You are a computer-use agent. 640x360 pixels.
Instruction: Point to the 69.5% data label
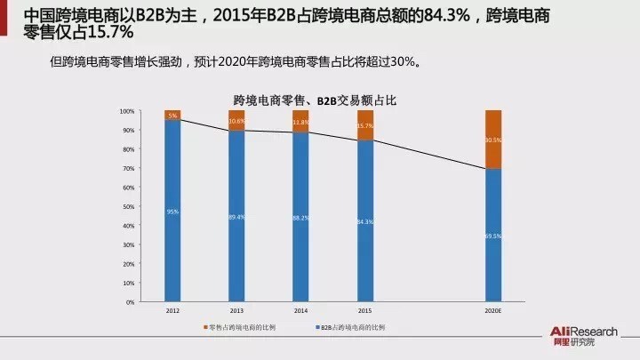[x=493, y=236]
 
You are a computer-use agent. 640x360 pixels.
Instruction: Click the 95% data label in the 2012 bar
[x=172, y=212]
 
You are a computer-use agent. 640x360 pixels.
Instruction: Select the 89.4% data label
[x=236, y=218]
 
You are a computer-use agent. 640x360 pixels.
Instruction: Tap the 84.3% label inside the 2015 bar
[x=365, y=221]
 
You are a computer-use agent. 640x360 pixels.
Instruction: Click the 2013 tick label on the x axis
[x=236, y=312]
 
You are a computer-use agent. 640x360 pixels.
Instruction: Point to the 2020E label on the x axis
[x=493, y=312]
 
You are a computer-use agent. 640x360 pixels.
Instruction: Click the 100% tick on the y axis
[x=126, y=111]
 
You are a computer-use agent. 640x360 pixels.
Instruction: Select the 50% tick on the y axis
[x=128, y=206]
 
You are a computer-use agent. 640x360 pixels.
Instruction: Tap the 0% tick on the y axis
[x=130, y=302]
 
